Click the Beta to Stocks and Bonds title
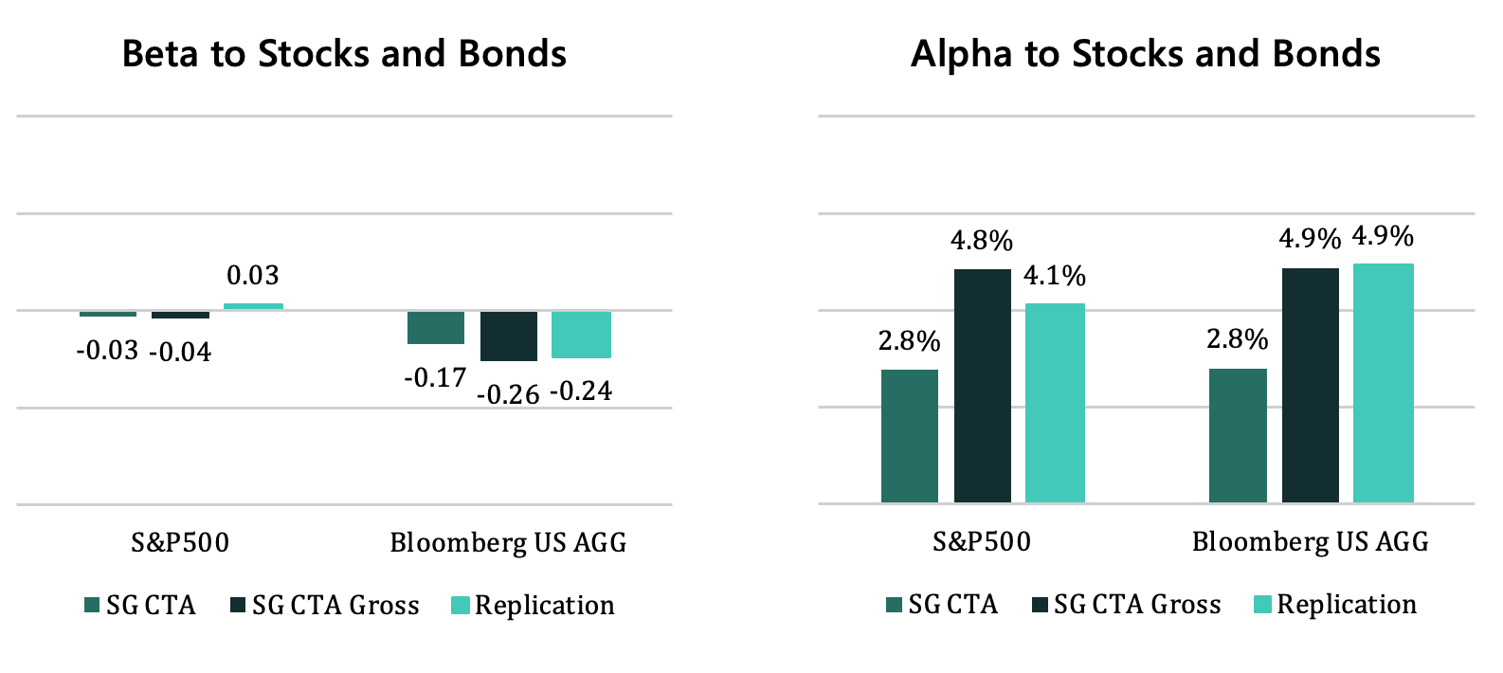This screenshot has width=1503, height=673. tap(344, 54)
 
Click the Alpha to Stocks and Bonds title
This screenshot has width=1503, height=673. tap(1145, 54)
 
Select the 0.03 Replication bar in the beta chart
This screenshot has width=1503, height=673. tap(253, 306)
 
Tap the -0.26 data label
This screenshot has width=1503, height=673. tap(508, 394)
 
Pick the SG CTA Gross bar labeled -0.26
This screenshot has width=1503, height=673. tap(508, 336)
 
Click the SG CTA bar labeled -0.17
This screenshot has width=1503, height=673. tap(436, 327)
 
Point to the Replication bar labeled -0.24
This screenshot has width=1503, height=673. tap(581, 335)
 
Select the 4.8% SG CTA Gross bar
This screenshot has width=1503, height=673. tap(982, 385)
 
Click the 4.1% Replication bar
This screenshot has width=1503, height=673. tap(1055, 402)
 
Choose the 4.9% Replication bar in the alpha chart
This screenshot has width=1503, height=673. tap(1383, 382)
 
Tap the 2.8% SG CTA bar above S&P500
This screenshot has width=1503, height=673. tap(910, 435)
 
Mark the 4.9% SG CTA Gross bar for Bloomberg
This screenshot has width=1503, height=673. tap(1310, 385)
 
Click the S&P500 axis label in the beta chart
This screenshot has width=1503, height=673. tap(180, 542)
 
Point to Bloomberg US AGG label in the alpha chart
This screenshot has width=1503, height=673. tap(1310, 541)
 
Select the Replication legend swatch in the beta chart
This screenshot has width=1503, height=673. tap(460, 605)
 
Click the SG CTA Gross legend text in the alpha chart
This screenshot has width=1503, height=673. tap(1137, 604)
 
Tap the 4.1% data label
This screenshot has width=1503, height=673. tap(1055, 276)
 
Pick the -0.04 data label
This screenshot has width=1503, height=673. tap(180, 353)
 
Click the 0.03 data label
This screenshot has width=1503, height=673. tap(253, 276)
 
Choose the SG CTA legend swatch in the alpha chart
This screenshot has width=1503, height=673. tap(894, 604)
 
